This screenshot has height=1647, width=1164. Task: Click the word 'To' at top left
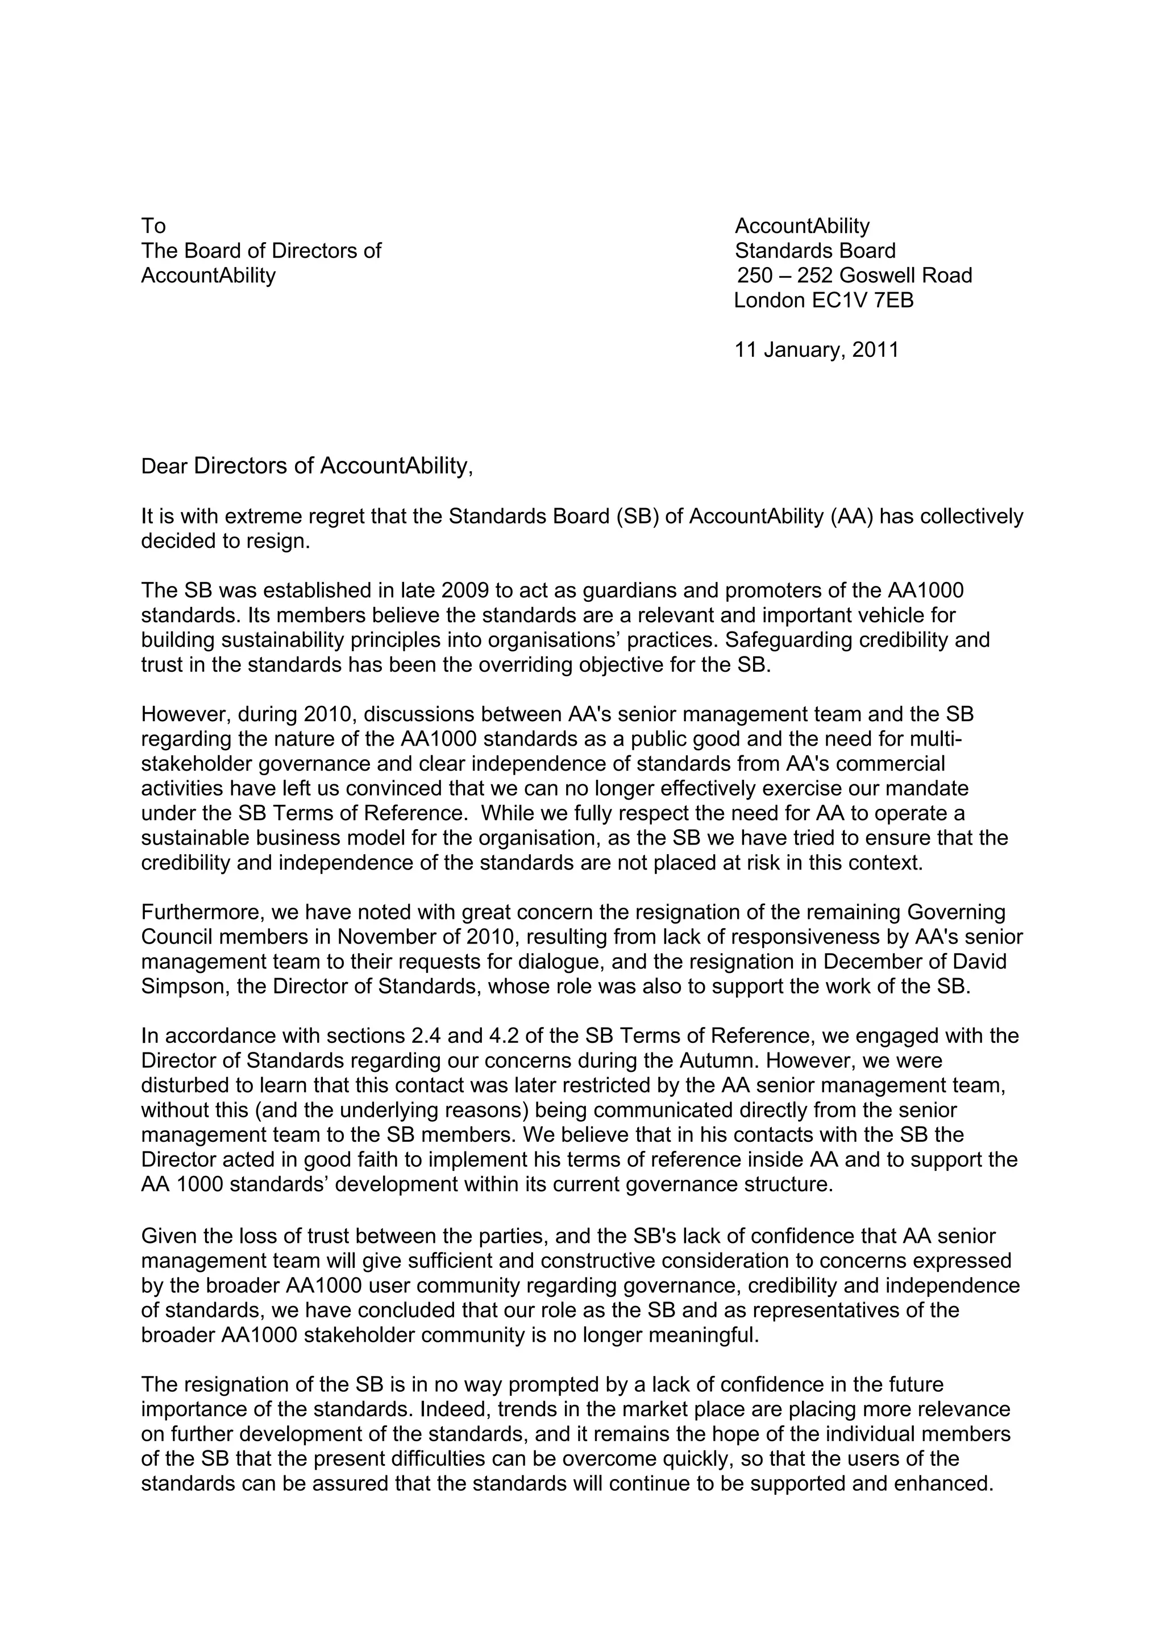(153, 227)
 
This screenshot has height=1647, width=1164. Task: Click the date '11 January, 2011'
(816, 350)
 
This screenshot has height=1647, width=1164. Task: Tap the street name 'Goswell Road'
(906, 276)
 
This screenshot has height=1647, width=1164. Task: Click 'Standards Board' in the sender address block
(814, 251)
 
